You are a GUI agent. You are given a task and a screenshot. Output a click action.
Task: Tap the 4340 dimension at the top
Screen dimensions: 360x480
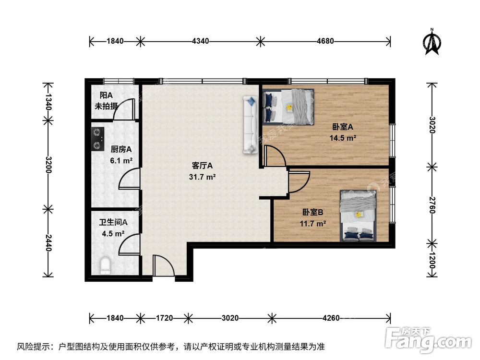pyautogui.click(x=200, y=41)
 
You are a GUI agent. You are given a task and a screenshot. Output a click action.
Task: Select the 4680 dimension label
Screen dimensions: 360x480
pyautogui.click(x=325, y=41)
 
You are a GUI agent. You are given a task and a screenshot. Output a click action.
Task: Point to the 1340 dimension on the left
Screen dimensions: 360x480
pyautogui.click(x=48, y=102)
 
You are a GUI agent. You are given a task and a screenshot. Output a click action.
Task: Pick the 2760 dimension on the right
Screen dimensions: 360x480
pyautogui.click(x=432, y=203)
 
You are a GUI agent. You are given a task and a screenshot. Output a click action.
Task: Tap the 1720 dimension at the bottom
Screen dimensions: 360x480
pyautogui.click(x=164, y=317)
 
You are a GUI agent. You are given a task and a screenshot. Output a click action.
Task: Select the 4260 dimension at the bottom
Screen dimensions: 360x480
pyautogui.click(x=331, y=317)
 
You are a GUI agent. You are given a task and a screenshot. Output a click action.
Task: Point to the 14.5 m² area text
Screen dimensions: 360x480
pyautogui.click(x=343, y=137)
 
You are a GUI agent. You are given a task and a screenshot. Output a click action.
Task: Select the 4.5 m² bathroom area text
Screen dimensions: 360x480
pyautogui.click(x=113, y=234)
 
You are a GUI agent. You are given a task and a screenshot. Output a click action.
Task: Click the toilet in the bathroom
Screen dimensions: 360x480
pyautogui.click(x=105, y=265)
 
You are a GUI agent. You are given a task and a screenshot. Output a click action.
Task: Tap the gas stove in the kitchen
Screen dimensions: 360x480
pyautogui.click(x=98, y=138)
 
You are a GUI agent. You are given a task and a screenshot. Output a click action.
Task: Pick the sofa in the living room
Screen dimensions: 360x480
pyautogui.click(x=251, y=124)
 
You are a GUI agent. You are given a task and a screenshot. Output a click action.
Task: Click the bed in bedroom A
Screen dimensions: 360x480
pyautogui.click(x=289, y=107)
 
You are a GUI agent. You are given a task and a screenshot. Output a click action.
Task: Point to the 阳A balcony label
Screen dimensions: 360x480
pyautogui.click(x=107, y=96)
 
